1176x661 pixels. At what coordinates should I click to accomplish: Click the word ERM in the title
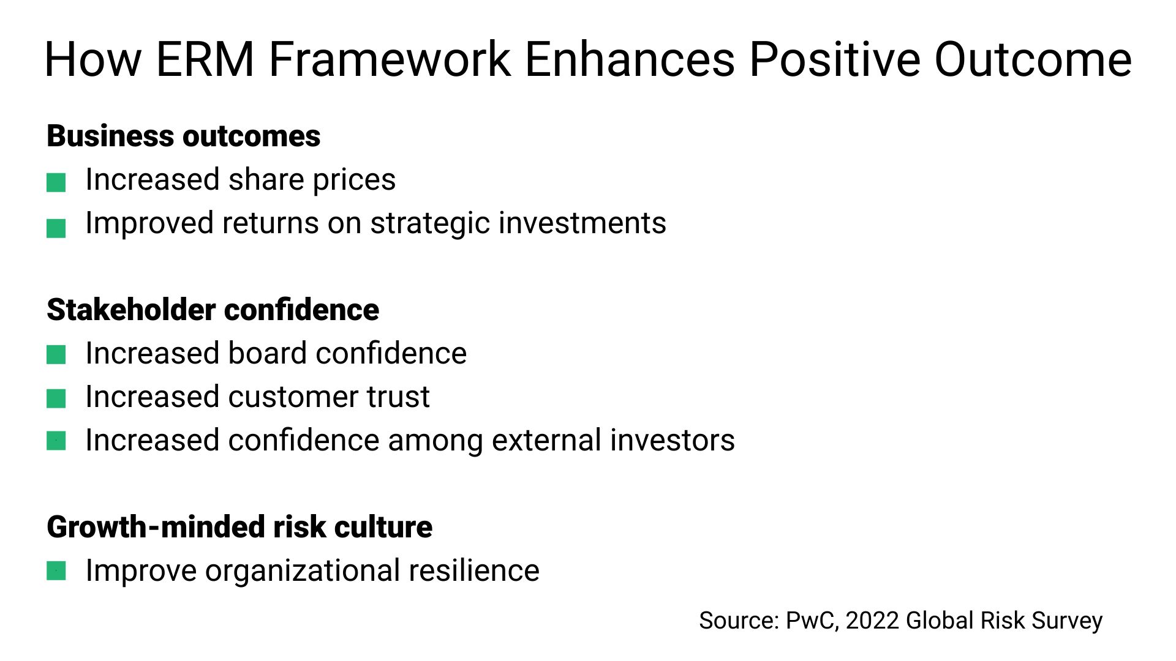click(x=205, y=59)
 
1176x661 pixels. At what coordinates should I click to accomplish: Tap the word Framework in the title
click(x=390, y=59)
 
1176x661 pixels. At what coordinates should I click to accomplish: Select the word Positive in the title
click(x=834, y=59)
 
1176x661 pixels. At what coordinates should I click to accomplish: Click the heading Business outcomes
click(x=183, y=136)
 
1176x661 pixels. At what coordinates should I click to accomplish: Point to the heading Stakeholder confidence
click(x=213, y=310)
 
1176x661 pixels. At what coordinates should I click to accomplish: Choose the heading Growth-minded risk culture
click(x=239, y=527)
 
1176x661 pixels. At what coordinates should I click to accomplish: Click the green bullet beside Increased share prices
click(x=56, y=182)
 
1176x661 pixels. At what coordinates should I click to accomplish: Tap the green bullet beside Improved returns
click(x=56, y=228)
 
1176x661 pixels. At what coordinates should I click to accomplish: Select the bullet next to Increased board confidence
click(x=56, y=355)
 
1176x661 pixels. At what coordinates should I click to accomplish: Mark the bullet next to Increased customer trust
click(x=56, y=399)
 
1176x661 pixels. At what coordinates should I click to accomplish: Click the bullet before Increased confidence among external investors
click(x=56, y=441)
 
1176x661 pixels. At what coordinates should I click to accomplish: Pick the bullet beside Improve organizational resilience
click(x=56, y=571)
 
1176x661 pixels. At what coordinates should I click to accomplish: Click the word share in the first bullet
click(x=266, y=180)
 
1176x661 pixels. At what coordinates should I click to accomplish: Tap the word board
click(x=268, y=354)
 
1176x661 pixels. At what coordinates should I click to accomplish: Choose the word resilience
click(x=473, y=571)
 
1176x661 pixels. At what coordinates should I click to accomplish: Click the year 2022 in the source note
click(x=872, y=621)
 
